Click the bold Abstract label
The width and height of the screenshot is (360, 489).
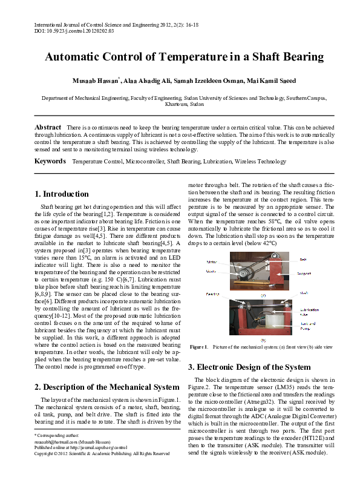point(48,128)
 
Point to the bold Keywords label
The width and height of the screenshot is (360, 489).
point(50,162)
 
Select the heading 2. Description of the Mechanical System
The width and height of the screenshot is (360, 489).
point(106,387)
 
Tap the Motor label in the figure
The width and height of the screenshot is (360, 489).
point(211,262)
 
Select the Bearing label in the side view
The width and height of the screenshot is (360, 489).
point(212,294)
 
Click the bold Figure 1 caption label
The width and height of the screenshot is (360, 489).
point(198,347)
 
